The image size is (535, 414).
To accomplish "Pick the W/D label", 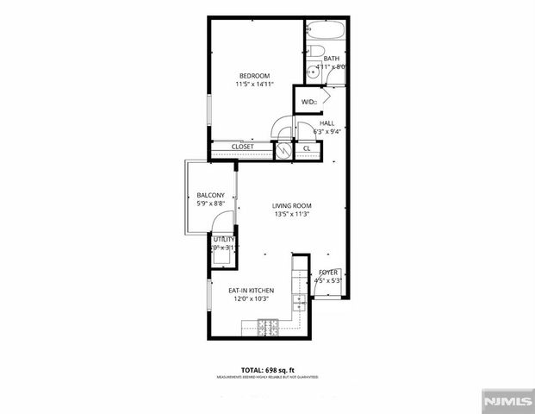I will pos(308,102).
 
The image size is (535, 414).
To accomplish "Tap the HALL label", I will pos(327,123).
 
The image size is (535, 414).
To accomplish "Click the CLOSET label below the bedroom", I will pos(243,147).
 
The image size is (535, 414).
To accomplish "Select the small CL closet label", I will pos(307,149).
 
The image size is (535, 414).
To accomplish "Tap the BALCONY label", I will pos(210,195).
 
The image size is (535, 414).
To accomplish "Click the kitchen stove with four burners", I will pos(266,326).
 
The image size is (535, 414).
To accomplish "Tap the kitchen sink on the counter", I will pos(299,303).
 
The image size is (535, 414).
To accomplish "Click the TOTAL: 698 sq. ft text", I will pos(267,368).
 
